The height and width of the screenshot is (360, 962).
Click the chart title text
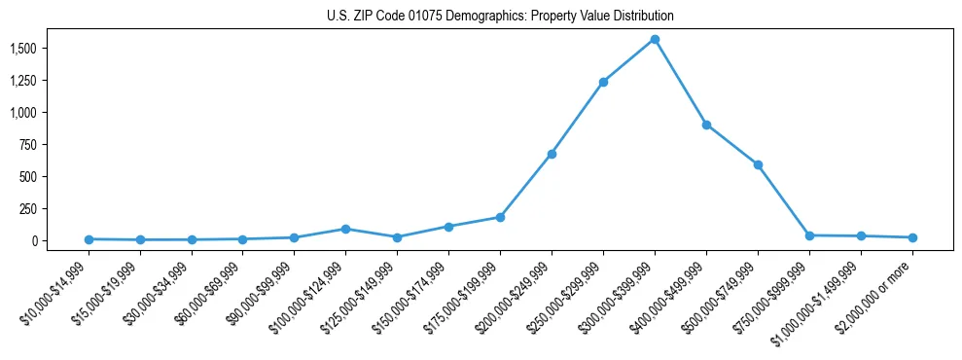click(500, 17)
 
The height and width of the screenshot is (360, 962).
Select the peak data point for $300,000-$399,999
click(655, 39)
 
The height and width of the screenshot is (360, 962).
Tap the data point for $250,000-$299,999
click(603, 82)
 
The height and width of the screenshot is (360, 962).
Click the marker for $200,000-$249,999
click(552, 154)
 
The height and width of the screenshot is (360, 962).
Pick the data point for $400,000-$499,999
click(706, 125)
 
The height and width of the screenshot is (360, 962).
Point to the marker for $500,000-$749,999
click(758, 164)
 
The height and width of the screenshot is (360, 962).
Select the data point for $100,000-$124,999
click(345, 229)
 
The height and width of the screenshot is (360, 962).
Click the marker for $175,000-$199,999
click(500, 217)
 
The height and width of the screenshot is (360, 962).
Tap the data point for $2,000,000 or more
click(912, 237)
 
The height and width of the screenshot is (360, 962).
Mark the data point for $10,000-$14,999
click(89, 239)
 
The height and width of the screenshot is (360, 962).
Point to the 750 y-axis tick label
click(29, 144)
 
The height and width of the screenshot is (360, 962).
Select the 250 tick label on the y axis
click(29, 208)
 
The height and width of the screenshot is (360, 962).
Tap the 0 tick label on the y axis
click(36, 240)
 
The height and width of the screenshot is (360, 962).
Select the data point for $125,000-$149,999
click(397, 237)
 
